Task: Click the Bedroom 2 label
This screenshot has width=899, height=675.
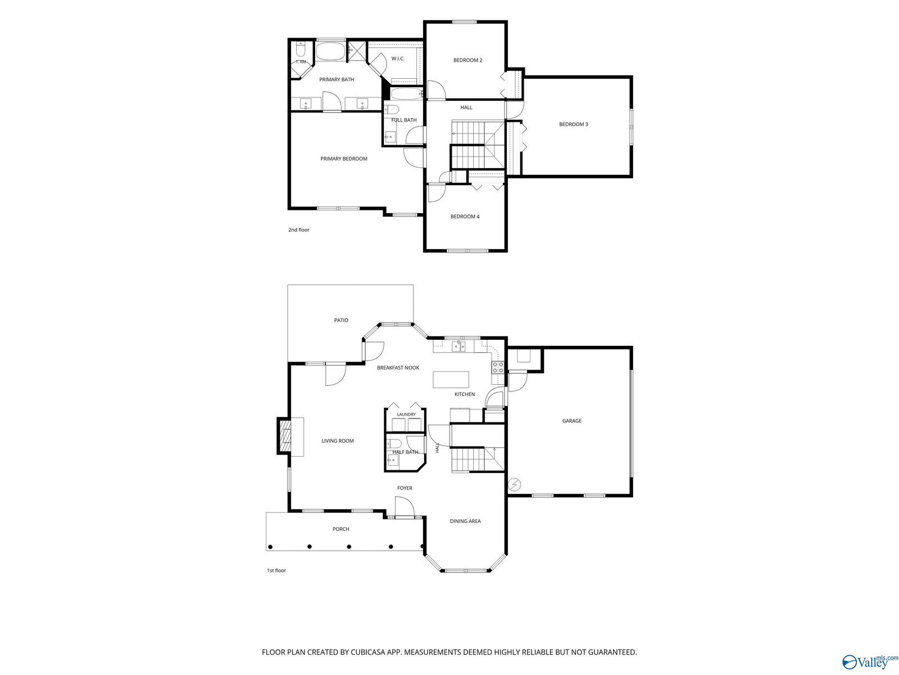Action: (467, 60)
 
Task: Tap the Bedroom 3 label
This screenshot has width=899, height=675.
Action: (573, 124)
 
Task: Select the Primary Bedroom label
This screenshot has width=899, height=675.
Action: (344, 159)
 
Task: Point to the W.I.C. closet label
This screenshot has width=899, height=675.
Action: (398, 58)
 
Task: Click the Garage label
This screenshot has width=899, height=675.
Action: (571, 421)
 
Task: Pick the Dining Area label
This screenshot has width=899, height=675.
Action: (465, 521)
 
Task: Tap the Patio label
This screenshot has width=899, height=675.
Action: (340, 320)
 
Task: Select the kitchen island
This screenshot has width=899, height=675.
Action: (451, 379)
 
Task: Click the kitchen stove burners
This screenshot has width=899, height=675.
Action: (498, 368)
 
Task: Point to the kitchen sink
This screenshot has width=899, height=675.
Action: (458, 346)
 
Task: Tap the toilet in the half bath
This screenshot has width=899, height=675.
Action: (394, 443)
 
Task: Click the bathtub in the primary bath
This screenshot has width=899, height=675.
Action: (330, 52)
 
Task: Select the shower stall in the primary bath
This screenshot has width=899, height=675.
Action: (357, 51)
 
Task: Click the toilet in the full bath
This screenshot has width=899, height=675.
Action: (391, 110)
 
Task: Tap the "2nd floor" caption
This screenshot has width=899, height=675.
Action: (298, 230)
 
